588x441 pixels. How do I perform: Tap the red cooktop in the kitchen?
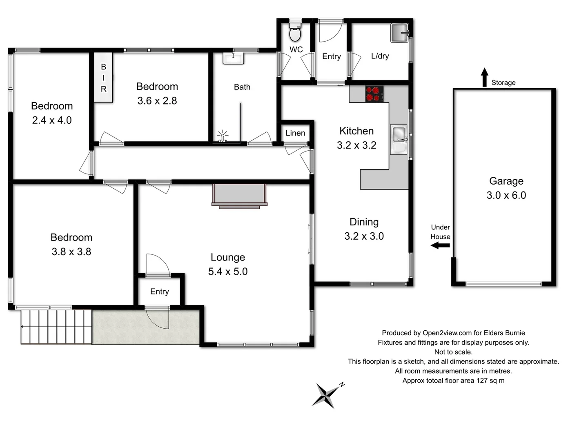pyautogui.click(x=374, y=94)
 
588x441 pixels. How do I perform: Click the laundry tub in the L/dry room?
pyautogui.click(x=399, y=33)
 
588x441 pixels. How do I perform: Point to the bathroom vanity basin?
pyautogui.click(x=233, y=58)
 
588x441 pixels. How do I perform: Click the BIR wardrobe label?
pyautogui.click(x=103, y=78)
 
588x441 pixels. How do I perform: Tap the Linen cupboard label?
pyautogui.click(x=295, y=133)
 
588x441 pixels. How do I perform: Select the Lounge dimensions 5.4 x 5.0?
pyautogui.click(x=228, y=272)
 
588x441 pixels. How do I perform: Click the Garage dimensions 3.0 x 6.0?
pyautogui.click(x=506, y=195)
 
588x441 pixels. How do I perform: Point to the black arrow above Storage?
pyautogui.click(x=484, y=77)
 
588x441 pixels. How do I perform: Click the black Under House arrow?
pyautogui.click(x=440, y=245)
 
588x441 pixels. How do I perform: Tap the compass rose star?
pyautogui.click(x=325, y=395)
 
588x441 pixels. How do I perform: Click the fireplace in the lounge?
pyautogui.click(x=239, y=195)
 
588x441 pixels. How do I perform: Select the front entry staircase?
pyautogui.click(x=56, y=327)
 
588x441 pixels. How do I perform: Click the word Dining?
pyautogui.click(x=364, y=222)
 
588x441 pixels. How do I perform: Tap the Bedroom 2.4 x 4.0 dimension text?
pyautogui.click(x=52, y=120)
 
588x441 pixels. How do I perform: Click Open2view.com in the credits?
pyautogui.click(x=447, y=333)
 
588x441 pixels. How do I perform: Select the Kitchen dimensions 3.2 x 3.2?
pyautogui.click(x=356, y=145)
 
